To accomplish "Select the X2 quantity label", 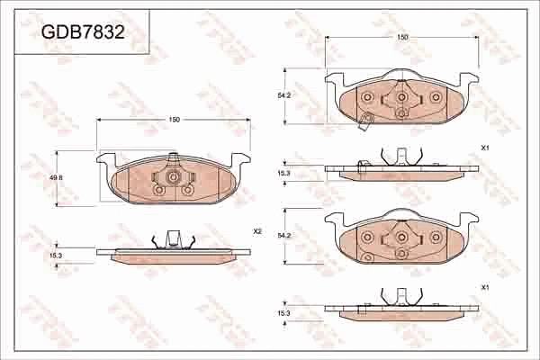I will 256,231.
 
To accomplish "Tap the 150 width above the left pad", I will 174,120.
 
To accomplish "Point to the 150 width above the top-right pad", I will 402,37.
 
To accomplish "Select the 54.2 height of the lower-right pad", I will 283,236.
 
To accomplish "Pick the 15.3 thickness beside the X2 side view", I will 56,256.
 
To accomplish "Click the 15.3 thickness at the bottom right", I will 283,312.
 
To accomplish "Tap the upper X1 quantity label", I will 484,147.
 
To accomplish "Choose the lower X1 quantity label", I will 484,287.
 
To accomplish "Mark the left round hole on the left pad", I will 159,190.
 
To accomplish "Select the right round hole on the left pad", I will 187,190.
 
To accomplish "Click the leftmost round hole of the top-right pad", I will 367,97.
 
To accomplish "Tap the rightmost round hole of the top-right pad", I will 436,97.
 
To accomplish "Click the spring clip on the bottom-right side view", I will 401,296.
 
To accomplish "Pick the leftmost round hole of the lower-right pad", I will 367,238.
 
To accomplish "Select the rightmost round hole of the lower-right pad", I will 436,238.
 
